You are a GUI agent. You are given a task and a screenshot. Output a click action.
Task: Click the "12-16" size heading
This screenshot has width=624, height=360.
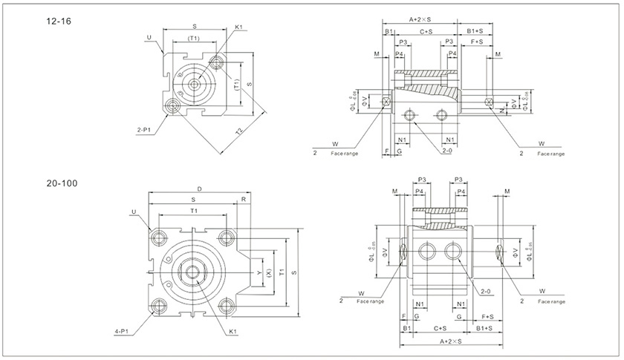tap(57, 22)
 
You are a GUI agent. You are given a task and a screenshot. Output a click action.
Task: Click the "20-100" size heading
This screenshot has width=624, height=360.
tap(61, 183)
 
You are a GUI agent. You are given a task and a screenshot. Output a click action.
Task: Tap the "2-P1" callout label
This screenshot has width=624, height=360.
tap(145, 130)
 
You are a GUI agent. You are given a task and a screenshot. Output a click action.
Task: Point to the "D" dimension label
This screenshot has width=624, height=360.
tap(199, 189)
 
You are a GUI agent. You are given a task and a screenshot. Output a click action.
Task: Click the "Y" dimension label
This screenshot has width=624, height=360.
tap(258, 272)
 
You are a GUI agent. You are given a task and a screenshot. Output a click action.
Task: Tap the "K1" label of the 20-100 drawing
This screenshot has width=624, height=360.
tap(233, 331)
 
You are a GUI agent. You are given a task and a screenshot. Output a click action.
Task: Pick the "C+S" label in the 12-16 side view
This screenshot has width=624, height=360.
tap(426, 31)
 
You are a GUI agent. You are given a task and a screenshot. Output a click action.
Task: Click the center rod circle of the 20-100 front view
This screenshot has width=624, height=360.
tap(198, 271)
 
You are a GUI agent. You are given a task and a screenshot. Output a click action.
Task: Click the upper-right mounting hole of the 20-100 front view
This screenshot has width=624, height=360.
tap(227, 237)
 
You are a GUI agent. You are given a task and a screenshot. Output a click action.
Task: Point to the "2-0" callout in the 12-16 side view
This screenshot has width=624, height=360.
tap(446, 150)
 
